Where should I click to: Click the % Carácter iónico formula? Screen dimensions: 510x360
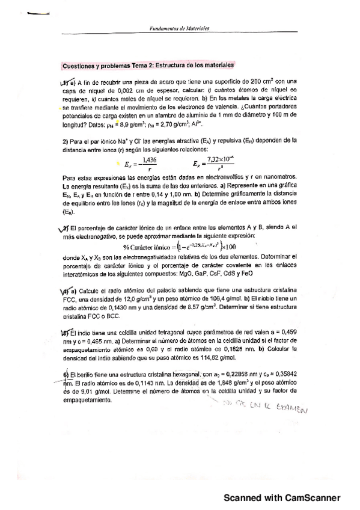pos(180,245)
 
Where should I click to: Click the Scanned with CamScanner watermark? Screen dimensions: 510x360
pos(282,497)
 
